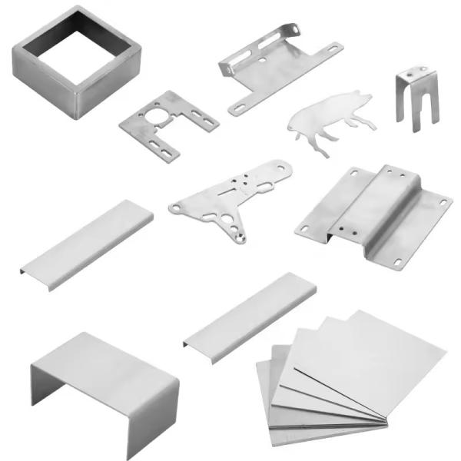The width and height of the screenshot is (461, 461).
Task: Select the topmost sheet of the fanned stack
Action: tap(376, 353)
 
